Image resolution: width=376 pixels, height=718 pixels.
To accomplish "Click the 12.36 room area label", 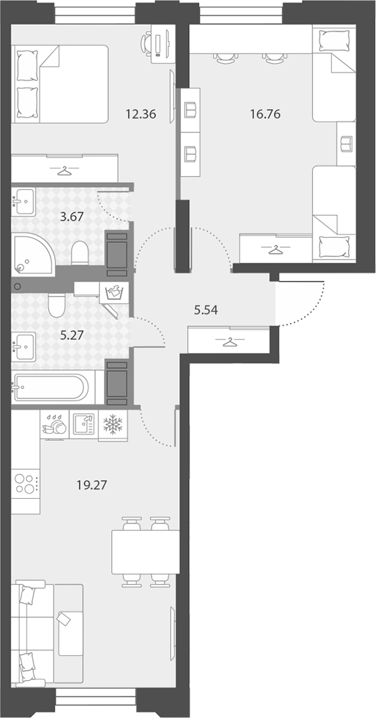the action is pyautogui.click(x=141, y=114).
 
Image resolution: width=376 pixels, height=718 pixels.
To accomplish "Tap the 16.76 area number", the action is pyautogui.click(x=265, y=114).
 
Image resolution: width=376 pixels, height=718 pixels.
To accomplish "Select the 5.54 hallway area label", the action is pyautogui.click(x=205, y=310).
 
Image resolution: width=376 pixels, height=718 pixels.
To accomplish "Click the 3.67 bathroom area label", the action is pyautogui.click(x=72, y=217).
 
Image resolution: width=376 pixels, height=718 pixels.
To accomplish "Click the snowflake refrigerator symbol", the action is pyautogui.click(x=112, y=425).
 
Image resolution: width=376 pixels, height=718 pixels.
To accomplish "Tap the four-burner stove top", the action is pyautogui.click(x=25, y=484).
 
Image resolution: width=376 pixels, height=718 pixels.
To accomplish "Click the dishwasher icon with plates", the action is pyautogui.click(x=54, y=425).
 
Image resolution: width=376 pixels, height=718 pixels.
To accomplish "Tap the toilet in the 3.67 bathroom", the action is pyautogui.click(x=80, y=252).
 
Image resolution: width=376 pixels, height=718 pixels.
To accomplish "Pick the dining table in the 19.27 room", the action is pyautogui.click(x=145, y=552).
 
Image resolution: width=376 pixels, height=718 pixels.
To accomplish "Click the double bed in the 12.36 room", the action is pyautogui.click(x=59, y=84).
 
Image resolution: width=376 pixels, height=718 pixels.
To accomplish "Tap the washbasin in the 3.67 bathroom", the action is pyautogui.click(x=23, y=202).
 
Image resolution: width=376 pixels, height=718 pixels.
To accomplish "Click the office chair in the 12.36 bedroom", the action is pyautogui.click(x=147, y=44).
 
